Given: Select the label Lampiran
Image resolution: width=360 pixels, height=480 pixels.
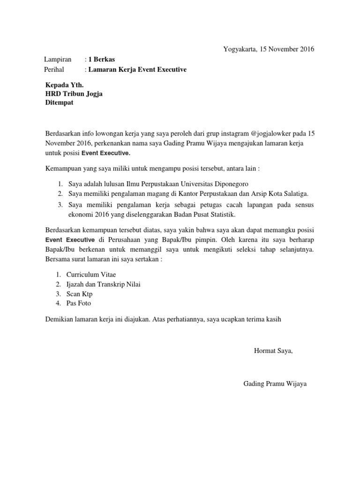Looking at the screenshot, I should pos(58,60).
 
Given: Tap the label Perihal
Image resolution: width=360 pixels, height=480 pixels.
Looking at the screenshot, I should pos(55,69).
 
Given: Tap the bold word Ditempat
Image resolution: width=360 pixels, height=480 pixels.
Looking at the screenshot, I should pos(59,103).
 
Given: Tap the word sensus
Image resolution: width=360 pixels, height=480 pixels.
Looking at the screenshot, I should pos(303,205).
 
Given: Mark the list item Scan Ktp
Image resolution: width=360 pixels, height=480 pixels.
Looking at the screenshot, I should pos(80,294).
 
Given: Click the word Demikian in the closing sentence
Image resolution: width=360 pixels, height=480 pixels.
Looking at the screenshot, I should pos(60,319).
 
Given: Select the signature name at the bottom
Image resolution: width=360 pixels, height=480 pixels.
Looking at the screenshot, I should pos(275,384).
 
